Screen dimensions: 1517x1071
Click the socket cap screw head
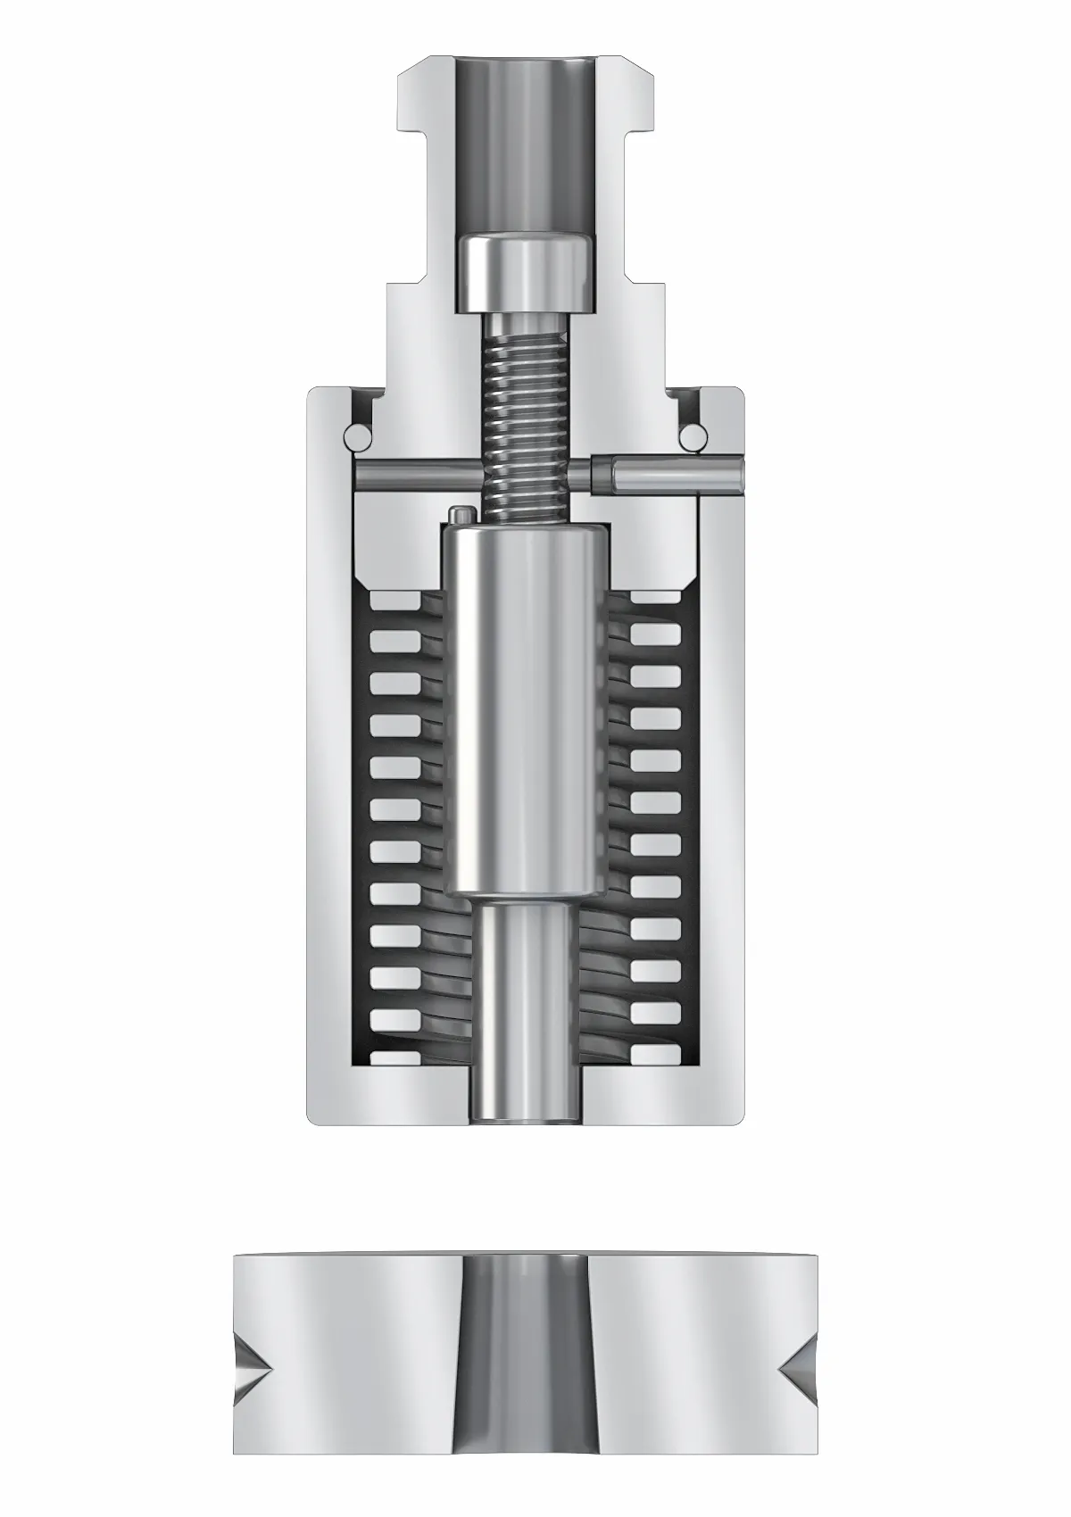tap(524, 271)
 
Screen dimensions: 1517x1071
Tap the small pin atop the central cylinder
tap(461, 516)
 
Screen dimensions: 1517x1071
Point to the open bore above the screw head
tap(524, 143)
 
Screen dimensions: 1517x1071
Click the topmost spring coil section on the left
tap(394, 598)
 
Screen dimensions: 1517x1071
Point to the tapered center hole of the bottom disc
tap(526, 1365)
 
